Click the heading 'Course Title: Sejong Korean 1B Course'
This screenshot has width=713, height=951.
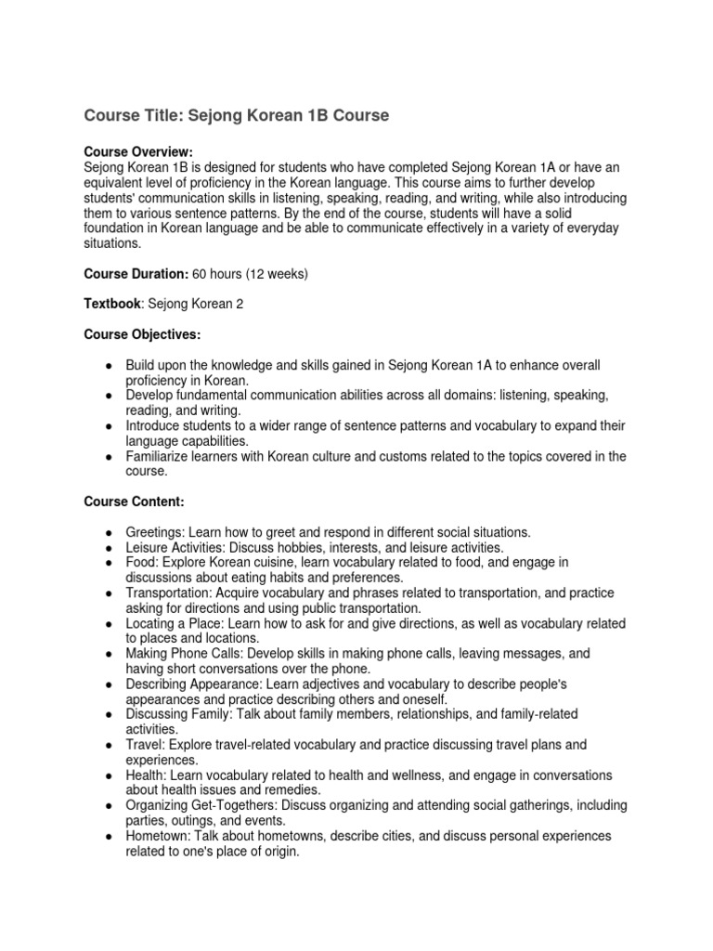pos(237,115)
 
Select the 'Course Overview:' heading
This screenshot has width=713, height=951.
pos(138,151)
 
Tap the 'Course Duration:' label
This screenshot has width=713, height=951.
pos(136,274)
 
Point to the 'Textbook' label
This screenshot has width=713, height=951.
pos(110,304)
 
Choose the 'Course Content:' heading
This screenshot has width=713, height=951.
pos(135,502)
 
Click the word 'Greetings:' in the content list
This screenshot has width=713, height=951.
pos(155,532)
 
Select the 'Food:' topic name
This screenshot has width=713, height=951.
pos(142,562)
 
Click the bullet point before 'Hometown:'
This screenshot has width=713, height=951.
pos(109,836)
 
